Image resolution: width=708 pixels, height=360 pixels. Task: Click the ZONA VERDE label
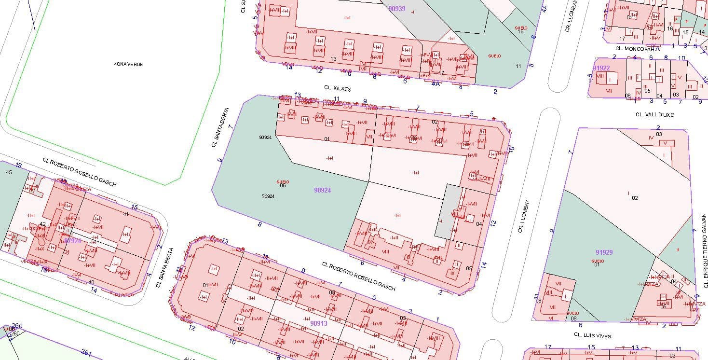pos(128,64)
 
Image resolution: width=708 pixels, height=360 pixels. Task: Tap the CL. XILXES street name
pos(338,88)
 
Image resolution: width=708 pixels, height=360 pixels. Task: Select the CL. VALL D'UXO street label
pos(654,115)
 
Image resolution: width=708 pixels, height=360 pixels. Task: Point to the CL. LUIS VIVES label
pos(592,336)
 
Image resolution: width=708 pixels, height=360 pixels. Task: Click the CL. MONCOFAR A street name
pos(637,49)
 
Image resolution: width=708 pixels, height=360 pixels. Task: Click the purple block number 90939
pos(396,9)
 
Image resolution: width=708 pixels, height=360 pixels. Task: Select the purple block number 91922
pos(601,68)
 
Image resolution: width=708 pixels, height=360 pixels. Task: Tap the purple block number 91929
pos(604,252)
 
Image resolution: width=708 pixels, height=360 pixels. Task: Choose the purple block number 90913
pos(318,323)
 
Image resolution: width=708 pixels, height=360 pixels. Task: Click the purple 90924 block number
pos(322,190)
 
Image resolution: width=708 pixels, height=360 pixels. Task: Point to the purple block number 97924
pos(72,240)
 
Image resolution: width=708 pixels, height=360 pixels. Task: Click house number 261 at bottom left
pos(87,353)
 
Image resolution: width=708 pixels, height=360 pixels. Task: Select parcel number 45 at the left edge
pos(9,172)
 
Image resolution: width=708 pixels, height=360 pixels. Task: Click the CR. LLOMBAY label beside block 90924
pos(524,216)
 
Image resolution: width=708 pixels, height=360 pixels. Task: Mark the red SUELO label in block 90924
pos(283,182)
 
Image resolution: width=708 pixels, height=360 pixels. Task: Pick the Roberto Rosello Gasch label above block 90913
pos(358,277)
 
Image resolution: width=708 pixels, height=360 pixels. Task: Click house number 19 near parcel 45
pos(18,166)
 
